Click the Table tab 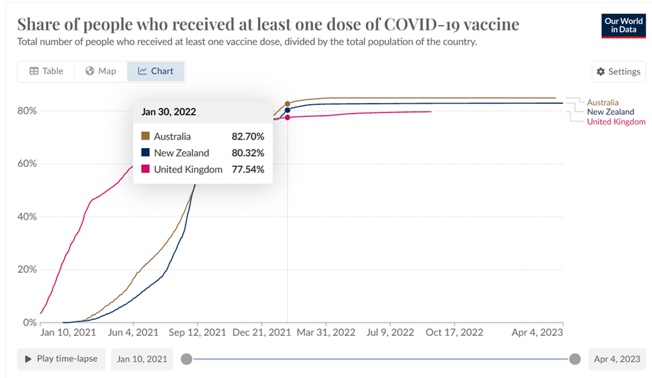pos(46,71)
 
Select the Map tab pos(101,71)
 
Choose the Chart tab pos(156,71)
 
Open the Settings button pos(618,71)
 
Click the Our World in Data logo pos(623,25)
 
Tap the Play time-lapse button pos(61,359)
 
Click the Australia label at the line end pos(602,103)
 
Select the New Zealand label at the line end pos(610,112)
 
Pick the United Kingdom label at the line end pos(616,121)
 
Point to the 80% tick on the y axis pos(27,111)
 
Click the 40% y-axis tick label pos(27,216)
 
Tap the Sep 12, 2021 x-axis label pos(197,333)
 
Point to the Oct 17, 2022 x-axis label pos(454,333)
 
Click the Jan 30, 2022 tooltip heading pos(169,112)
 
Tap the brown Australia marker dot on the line pos(287,103)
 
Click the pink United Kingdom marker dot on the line pos(287,117)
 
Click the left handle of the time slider pos(186,359)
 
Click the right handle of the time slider pos(574,359)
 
